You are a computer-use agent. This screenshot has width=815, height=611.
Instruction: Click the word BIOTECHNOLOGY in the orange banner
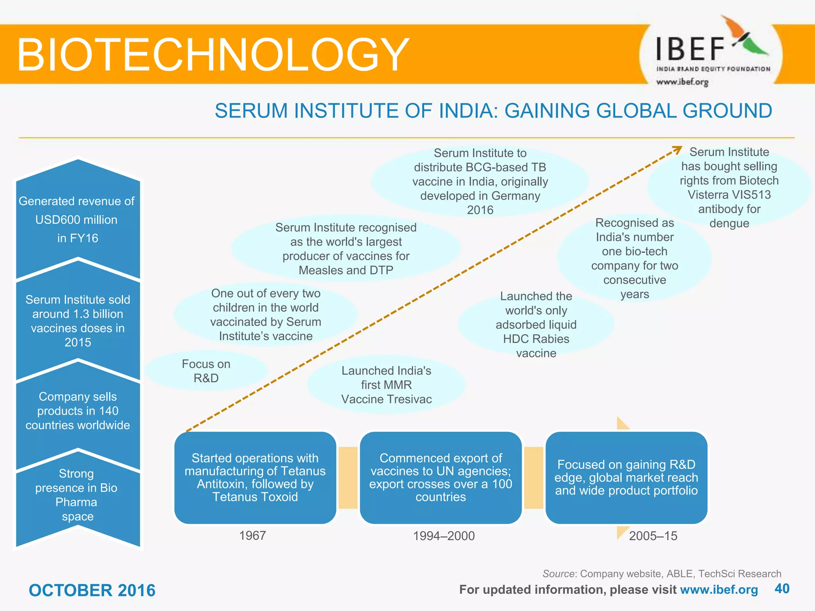point(213,55)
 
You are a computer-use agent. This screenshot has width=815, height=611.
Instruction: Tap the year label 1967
point(252,536)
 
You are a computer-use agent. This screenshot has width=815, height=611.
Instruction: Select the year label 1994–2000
point(444,536)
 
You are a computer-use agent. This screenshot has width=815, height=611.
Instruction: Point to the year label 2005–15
point(653,536)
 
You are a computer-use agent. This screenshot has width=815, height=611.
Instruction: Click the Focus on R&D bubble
point(206,371)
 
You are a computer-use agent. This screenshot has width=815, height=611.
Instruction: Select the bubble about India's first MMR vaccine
point(386,385)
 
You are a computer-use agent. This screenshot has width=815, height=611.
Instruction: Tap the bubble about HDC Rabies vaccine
point(536,325)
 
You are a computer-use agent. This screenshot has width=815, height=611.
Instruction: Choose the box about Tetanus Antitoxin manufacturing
point(255,477)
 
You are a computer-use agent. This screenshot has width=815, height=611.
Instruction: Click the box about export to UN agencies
point(441,477)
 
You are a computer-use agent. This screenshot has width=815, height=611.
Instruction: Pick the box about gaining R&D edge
point(626,477)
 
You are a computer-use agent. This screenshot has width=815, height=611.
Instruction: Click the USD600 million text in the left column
point(77,220)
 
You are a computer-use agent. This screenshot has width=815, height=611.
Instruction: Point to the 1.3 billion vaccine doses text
point(78,321)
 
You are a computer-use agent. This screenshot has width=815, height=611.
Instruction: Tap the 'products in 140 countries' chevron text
point(78,411)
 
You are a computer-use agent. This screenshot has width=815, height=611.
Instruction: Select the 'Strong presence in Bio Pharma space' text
point(76,495)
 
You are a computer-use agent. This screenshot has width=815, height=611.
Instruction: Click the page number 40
point(782,589)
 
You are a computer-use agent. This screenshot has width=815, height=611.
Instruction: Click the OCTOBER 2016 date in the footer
point(92,590)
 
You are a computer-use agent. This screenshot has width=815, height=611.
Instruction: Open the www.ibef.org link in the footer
point(719,590)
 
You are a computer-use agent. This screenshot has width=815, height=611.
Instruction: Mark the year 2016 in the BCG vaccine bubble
point(480,210)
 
